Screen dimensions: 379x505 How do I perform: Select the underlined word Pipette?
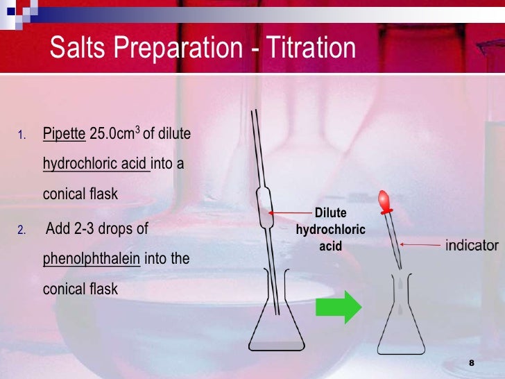[65, 133]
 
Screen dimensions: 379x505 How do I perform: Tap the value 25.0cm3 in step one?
[114, 133]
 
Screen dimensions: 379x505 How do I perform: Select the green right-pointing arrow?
[339, 305]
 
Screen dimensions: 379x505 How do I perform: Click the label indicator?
[472, 245]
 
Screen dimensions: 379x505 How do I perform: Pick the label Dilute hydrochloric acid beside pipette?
[331, 229]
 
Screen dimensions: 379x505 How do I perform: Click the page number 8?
[472, 363]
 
